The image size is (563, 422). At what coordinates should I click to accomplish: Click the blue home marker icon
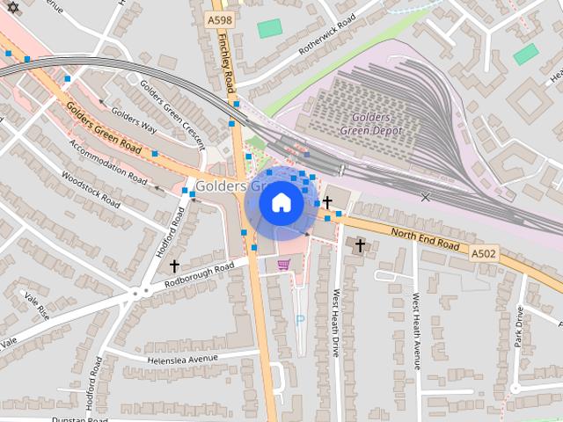pyautogui.click(x=281, y=202)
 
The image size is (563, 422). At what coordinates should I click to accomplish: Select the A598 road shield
pyautogui.click(x=219, y=18)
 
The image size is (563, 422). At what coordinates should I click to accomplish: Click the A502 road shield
pyautogui.click(x=481, y=253)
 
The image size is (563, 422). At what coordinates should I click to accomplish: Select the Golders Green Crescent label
pyautogui.click(x=172, y=115)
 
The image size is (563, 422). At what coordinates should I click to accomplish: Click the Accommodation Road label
pyautogui.click(x=108, y=164)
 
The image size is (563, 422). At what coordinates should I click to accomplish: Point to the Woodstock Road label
pyautogui.click(x=91, y=189)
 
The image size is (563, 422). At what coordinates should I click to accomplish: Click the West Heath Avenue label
pyautogui.click(x=417, y=331)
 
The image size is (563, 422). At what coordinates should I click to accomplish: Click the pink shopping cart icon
pyautogui.click(x=283, y=264)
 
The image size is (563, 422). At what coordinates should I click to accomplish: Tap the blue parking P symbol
pyautogui.click(x=299, y=321)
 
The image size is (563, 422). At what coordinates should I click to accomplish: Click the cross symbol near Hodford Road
pyautogui.click(x=174, y=265)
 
